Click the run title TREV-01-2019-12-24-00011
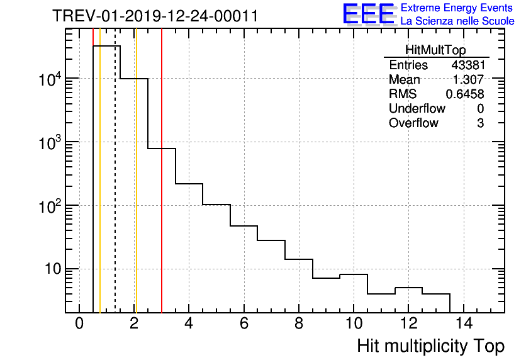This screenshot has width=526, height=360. pos(155,16)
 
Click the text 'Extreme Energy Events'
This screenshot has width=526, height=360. pos(457,8)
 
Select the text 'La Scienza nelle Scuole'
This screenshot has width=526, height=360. pos(457,21)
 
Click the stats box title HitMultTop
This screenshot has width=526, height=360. pos(436,51)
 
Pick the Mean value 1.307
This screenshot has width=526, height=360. pos(469,80)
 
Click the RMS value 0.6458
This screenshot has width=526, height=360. pos(465,94)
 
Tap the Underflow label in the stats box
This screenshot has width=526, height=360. pos(417,109)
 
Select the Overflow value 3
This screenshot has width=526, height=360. pos(480,123)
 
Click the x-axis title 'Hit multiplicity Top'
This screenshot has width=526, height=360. pos(430,346)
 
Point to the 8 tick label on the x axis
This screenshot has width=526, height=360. pos(299,324)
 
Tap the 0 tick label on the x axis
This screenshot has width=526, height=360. pos(79,324)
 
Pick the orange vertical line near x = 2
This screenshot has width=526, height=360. pos(135,189)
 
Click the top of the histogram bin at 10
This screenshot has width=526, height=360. pos(354,274)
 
